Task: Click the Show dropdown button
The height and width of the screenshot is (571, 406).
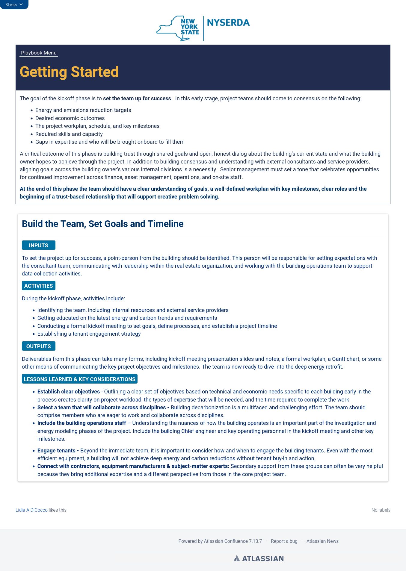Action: [x=14, y=4]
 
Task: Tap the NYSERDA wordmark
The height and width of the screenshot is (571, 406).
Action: [x=228, y=23]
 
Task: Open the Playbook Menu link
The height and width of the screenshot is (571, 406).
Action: [x=39, y=53]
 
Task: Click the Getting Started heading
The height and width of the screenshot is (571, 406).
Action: [x=69, y=72]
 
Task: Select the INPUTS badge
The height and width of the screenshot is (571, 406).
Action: [x=38, y=245]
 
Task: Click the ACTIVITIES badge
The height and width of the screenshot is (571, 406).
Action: [x=38, y=286]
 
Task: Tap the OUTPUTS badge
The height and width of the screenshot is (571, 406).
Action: [x=38, y=346]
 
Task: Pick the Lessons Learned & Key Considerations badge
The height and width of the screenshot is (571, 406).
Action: [x=79, y=379]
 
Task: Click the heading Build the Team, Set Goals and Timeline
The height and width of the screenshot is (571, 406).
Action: [x=102, y=224]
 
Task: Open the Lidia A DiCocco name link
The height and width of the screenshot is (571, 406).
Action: [x=31, y=510]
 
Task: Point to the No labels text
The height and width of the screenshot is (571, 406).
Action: [x=381, y=510]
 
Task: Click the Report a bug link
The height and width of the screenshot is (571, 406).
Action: [x=284, y=541]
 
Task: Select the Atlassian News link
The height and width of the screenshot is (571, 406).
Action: [x=322, y=541]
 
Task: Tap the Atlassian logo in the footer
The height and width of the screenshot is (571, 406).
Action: [x=259, y=558]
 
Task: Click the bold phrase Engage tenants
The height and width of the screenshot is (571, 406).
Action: [x=56, y=450]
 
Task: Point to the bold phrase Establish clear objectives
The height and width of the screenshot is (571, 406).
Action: [x=68, y=391]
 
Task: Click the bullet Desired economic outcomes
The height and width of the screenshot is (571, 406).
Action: [x=70, y=118]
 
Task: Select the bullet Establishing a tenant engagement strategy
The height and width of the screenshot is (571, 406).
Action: [x=89, y=334]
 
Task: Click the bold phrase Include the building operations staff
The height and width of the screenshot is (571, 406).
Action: [x=81, y=423]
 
